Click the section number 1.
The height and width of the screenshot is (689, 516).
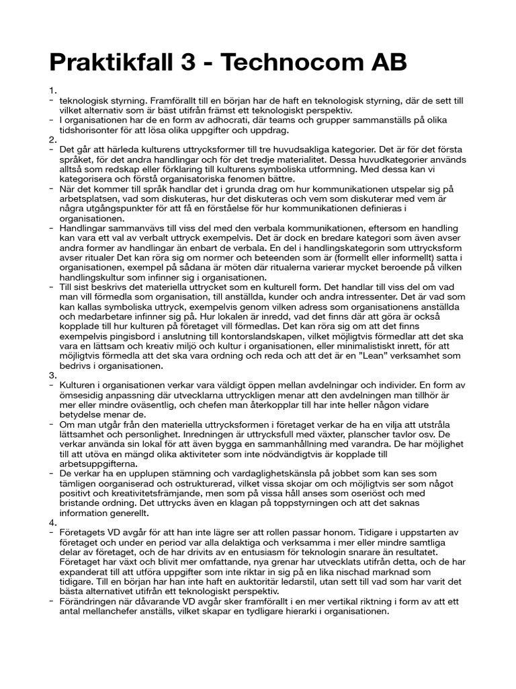point(53,89)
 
